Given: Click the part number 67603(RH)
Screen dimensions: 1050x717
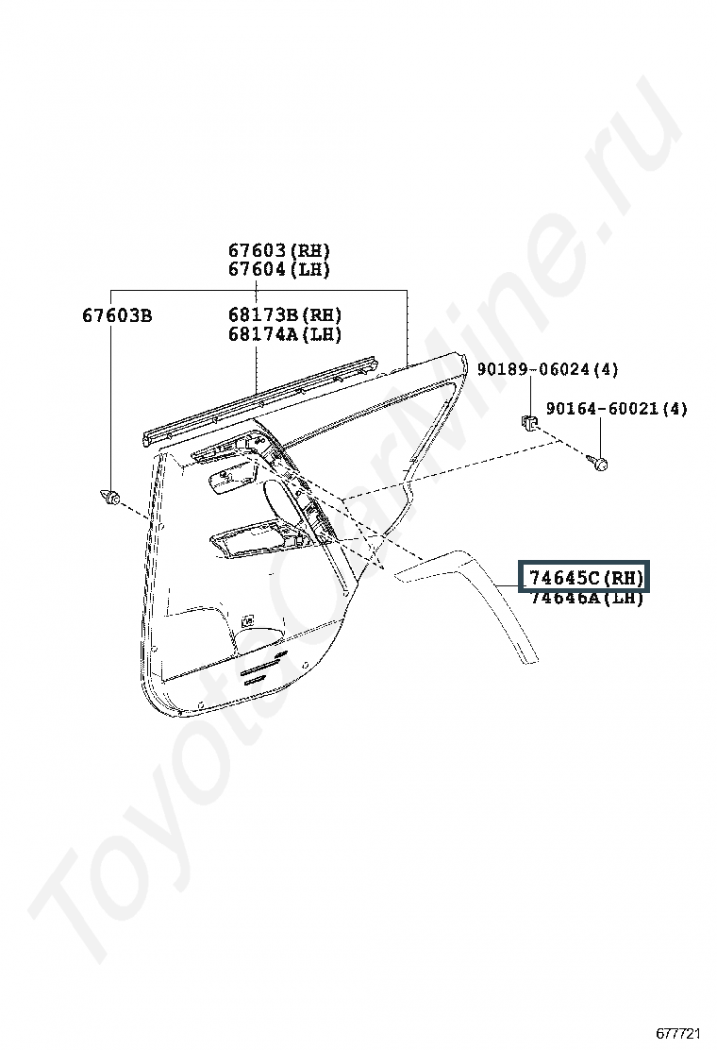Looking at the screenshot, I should pyautogui.click(x=278, y=251).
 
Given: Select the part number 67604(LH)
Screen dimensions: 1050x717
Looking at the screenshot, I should pyautogui.click(x=278, y=270).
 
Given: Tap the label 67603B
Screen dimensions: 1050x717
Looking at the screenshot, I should pyautogui.click(x=117, y=315).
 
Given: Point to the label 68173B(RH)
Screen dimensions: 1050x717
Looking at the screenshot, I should pyautogui.click(x=284, y=315).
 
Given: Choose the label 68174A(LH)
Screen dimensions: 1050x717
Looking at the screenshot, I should pyautogui.click(x=284, y=334).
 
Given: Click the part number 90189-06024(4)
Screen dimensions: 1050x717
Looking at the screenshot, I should pyautogui.click(x=547, y=369).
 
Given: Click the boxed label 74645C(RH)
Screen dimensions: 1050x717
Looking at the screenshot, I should pyautogui.click(x=585, y=578).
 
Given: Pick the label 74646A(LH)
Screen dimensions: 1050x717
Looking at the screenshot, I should pyautogui.click(x=585, y=599).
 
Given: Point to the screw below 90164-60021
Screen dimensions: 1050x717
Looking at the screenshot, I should pyautogui.click(x=597, y=462).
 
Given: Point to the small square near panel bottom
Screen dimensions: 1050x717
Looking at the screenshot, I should pyautogui.click(x=246, y=620).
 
